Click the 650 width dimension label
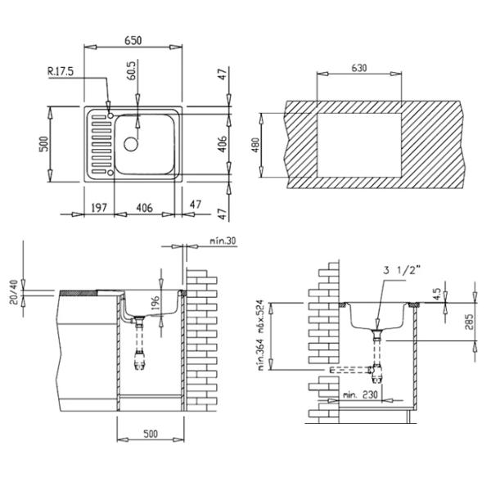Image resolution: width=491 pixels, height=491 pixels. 133,41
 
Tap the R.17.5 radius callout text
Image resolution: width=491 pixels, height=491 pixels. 61,71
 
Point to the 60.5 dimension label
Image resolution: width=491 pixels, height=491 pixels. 132,70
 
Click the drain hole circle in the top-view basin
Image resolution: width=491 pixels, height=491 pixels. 131,144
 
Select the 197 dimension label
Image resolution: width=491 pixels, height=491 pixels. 99,208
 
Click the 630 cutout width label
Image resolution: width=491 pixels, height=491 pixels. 359,68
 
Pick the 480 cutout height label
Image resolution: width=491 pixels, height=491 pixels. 256,146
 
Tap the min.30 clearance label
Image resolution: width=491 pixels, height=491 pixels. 223,241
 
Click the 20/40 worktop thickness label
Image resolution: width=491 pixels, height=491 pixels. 14,292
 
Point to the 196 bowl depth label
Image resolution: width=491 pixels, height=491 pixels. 155,304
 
